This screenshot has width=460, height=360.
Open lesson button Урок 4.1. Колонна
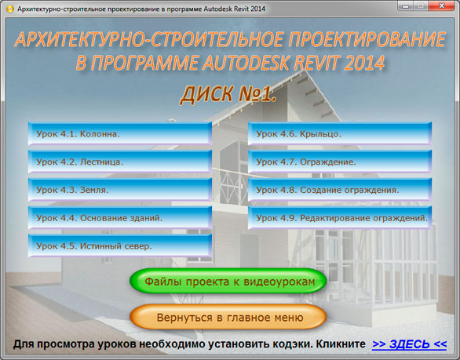tap(120, 133)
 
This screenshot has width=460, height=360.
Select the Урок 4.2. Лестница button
tap(120, 162)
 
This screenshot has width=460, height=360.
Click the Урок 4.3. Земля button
tap(120, 190)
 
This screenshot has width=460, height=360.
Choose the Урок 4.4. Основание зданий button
tap(120, 217)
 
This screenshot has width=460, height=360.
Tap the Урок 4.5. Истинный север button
tap(120, 245)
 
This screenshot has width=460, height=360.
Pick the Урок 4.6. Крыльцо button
tap(340, 133)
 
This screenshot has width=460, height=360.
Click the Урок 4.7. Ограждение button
tap(340, 162)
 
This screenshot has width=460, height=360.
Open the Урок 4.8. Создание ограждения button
tap(340, 190)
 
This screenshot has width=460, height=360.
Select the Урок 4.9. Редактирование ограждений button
tap(340, 217)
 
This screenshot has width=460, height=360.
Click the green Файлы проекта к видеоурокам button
tap(228, 281)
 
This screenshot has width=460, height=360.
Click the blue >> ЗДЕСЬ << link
tap(410, 344)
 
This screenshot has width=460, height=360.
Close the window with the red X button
tap(441, 5)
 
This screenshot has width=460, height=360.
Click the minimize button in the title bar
tap(406, 5)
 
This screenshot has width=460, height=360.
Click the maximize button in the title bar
tap(421, 5)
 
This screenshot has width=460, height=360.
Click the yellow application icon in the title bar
tap(10, 9)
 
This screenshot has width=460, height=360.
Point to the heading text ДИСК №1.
tap(228, 95)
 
